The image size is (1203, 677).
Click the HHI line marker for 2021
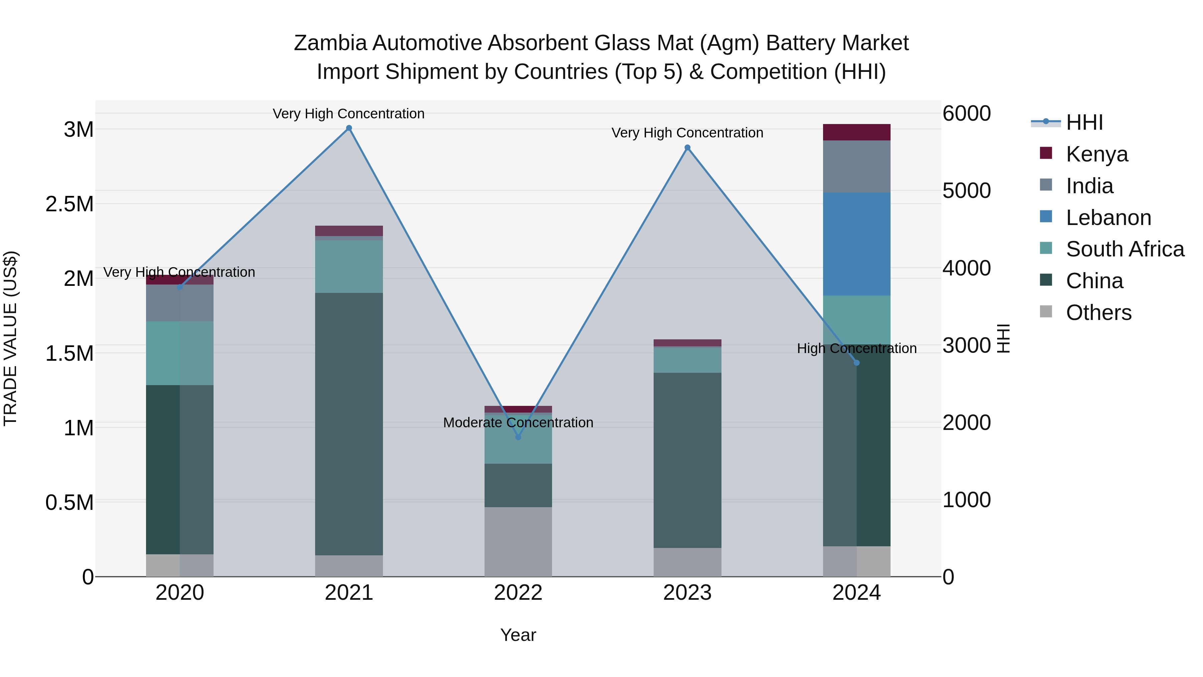[349, 128]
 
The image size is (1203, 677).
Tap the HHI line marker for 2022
[518, 437]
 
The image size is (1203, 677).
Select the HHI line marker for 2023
[687, 148]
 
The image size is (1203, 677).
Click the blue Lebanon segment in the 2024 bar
[856, 244]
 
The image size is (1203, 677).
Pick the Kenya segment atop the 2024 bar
[856, 132]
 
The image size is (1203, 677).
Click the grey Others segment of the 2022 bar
[518, 542]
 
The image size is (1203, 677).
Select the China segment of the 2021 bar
[349, 424]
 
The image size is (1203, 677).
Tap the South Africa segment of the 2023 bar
[687, 360]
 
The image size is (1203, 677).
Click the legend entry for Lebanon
[1108, 218]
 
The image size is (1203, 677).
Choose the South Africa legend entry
[1124, 249]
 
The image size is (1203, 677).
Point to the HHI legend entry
[1083, 122]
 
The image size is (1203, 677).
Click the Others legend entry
[1098, 313]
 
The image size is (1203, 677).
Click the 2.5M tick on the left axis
[69, 204]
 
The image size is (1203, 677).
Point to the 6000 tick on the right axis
[966, 114]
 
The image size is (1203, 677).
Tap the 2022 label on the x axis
[518, 593]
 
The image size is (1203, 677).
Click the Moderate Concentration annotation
[518, 422]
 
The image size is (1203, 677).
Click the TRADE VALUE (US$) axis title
[10, 338]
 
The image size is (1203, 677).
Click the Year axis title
[518, 635]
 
